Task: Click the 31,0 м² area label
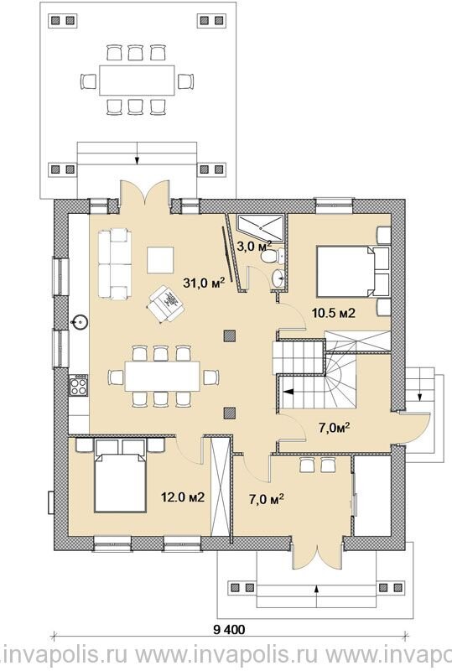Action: [204, 282]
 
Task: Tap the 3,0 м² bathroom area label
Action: [254, 246]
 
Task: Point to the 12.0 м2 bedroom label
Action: [182, 497]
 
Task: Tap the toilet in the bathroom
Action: [272, 257]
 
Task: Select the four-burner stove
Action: [79, 385]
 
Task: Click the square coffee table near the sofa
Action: [160, 260]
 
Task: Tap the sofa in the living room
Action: [114, 263]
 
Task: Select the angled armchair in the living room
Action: [166, 304]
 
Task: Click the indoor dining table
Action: [162, 376]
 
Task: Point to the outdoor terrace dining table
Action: [137, 80]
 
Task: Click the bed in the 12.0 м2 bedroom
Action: [120, 481]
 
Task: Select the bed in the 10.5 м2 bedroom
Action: [346, 271]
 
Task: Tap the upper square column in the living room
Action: [230, 336]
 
